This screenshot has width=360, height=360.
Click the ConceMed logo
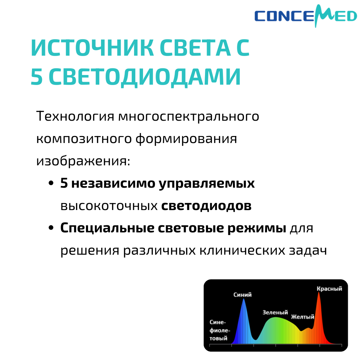[x=305, y=16]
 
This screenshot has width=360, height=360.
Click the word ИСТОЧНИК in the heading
[x=92, y=49]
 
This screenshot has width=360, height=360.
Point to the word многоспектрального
[x=189, y=117]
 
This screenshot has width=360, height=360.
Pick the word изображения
[x=83, y=161]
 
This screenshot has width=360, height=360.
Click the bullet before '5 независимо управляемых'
[x=51, y=184]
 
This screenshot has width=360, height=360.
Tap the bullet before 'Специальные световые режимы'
[x=51, y=228]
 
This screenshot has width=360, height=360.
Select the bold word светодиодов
[x=206, y=206]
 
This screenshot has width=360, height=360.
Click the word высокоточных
[x=109, y=206]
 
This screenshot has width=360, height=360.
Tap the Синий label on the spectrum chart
[x=243, y=295]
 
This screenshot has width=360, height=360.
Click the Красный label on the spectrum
[x=329, y=289]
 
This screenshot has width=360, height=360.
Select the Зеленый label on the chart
[x=275, y=313]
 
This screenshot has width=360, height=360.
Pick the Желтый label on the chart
[x=303, y=317]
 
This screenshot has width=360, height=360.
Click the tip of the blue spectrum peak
[x=244, y=299]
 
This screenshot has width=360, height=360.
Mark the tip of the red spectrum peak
[x=319, y=293]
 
